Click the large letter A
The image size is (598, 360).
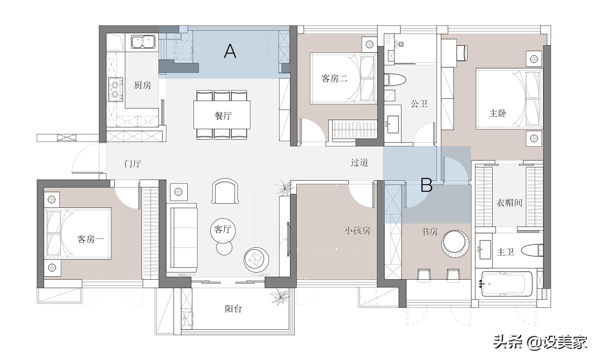pos(230,51)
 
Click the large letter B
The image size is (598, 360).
pos(426,185)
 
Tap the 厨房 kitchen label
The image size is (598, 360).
pos(143,85)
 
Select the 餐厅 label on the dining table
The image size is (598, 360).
pos(223,116)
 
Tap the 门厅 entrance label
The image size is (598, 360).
pos(133,164)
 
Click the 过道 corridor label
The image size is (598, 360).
pos(359,163)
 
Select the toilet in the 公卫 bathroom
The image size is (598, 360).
pos(395,79)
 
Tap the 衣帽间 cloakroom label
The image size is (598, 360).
pos(509,203)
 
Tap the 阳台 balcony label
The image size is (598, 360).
pos(233,309)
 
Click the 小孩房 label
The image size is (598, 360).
pos(357,231)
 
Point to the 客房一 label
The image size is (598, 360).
pos(90,239)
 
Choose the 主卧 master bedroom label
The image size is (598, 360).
pos(498,113)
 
